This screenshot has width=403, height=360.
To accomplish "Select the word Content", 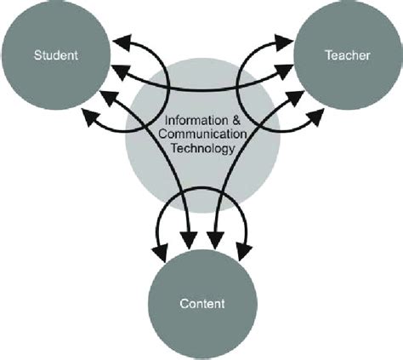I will coord(201,303).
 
